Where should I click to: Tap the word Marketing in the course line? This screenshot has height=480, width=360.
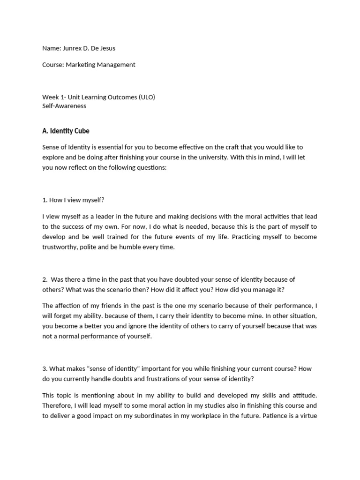pos(82,65)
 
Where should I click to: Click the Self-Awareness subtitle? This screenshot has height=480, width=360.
pos(64,105)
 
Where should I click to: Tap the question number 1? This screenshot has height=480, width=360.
pos(45,200)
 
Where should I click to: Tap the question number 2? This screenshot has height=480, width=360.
pos(45,279)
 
